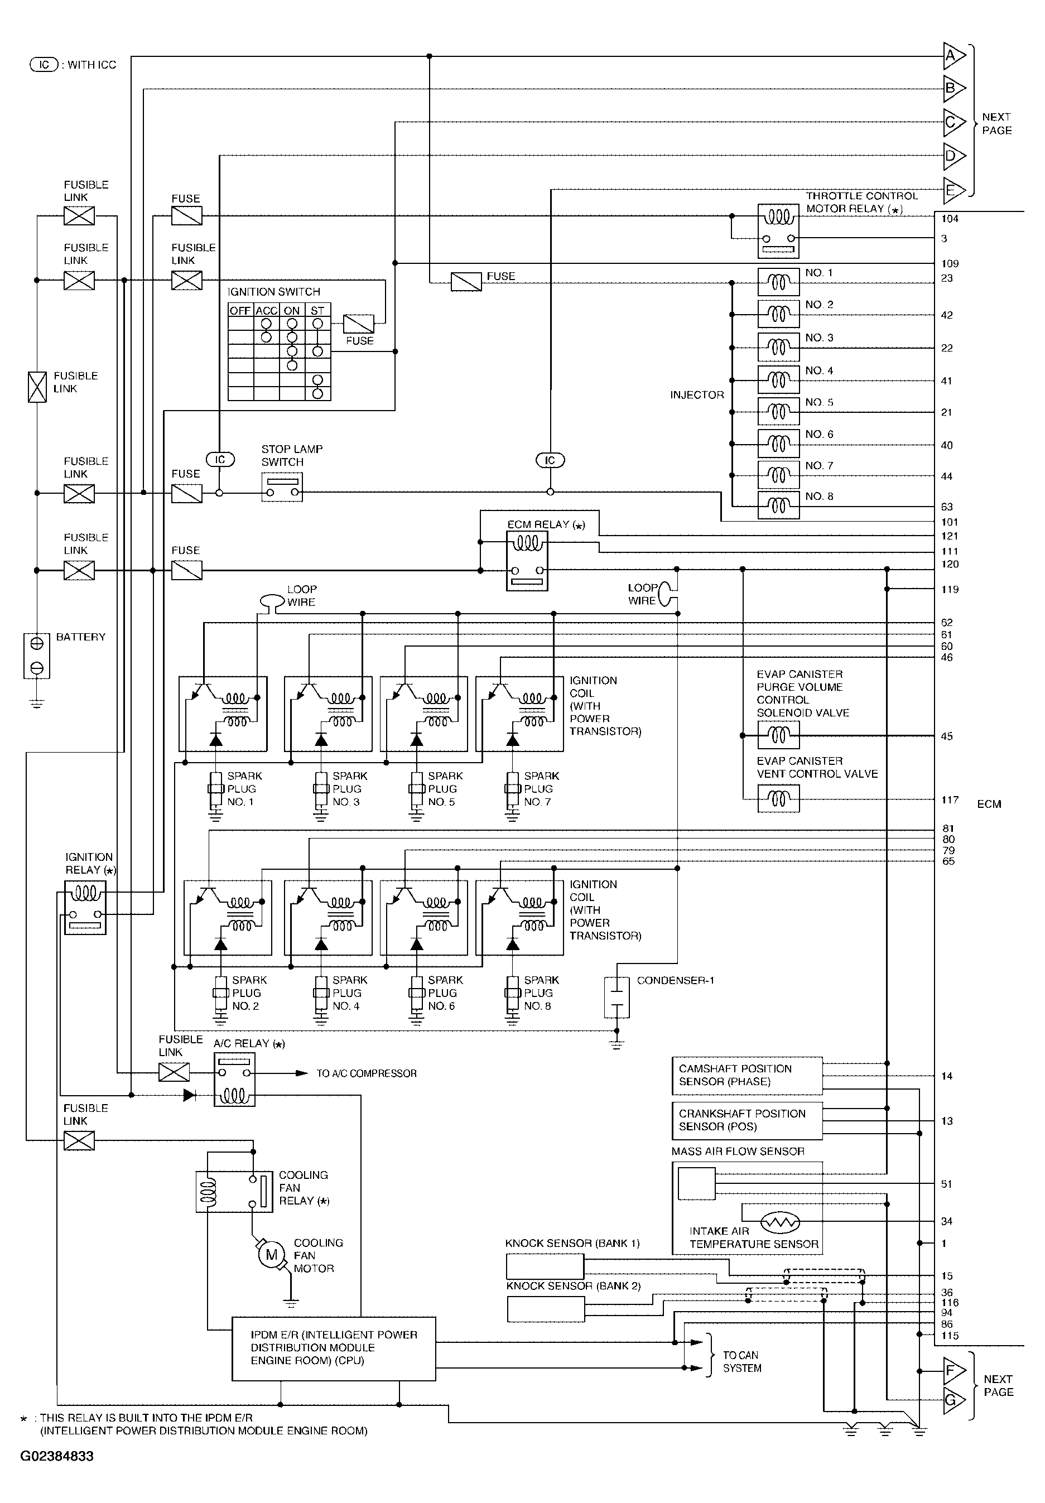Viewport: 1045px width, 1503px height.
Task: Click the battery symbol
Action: pos(37,656)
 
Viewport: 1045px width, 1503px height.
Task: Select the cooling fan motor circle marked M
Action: pos(271,1255)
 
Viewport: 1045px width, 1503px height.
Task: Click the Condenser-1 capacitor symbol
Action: pos(616,998)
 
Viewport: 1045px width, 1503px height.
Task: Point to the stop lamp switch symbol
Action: pos(282,488)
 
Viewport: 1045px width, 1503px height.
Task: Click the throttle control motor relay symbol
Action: pos(778,231)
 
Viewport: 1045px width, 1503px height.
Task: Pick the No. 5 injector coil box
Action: pos(778,412)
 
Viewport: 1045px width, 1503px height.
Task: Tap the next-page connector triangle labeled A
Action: pos(953,56)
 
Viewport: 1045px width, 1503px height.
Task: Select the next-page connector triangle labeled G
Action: pos(953,1400)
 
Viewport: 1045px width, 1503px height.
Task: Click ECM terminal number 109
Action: pos(950,264)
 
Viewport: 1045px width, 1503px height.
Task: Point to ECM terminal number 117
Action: pos(950,800)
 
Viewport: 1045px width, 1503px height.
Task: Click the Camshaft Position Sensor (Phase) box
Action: pos(747,1076)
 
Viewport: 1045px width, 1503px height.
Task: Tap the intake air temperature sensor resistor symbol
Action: pos(780,1222)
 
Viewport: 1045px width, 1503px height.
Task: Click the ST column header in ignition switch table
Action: pos(317,310)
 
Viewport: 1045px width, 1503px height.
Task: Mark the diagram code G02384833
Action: pos(57,1457)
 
